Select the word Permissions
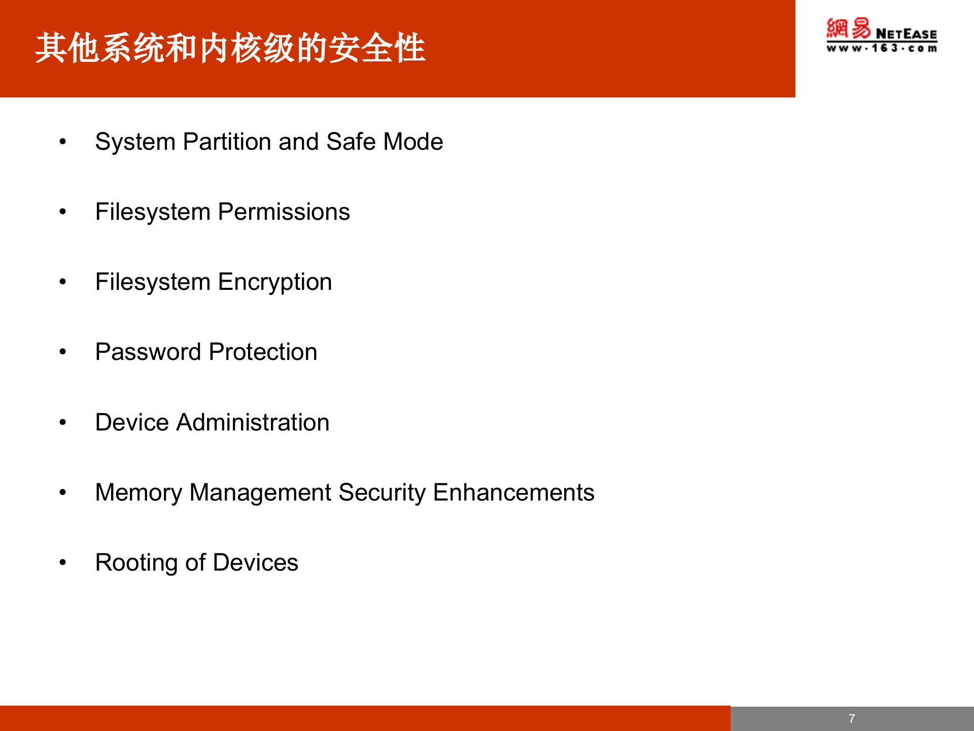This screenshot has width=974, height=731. click(x=284, y=212)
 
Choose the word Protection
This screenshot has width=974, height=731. click(x=263, y=352)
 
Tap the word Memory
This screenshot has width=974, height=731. click(x=138, y=492)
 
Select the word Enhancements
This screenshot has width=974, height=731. click(x=513, y=492)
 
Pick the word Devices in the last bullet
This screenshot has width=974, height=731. click(x=256, y=562)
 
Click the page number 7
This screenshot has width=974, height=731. click(x=852, y=719)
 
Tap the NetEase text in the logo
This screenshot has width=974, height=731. click(x=906, y=34)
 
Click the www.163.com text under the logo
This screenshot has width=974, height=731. click(x=882, y=48)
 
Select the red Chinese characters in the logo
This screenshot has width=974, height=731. click(x=848, y=28)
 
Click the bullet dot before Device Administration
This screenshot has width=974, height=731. click(x=62, y=422)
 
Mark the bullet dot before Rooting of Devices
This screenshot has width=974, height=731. click(x=62, y=562)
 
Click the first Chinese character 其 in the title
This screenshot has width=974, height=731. click(x=51, y=48)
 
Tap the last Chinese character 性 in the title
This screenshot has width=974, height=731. click(x=409, y=48)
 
